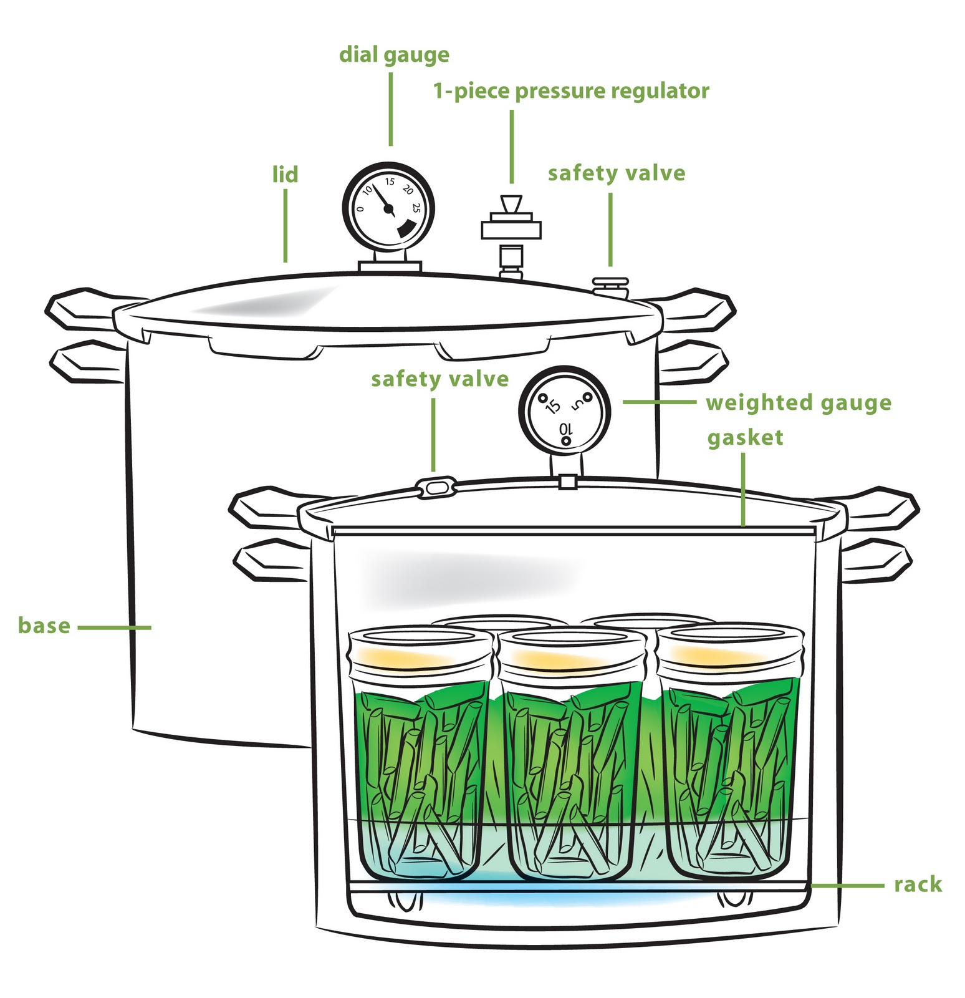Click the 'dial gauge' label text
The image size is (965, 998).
pyautogui.click(x=394, y=55)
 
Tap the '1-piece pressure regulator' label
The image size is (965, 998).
pyautogui.click(x=571, y=92)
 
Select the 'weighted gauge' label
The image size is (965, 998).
pyautogui.click(x=798, y=403)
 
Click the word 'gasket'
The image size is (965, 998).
pyautogui.click(x=745, y=437)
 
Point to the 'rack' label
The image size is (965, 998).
pyautogui.click(x=917, y=884)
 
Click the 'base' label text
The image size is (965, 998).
pyautogui.click(x=44, y=626)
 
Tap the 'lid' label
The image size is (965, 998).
pyautogui.click(x=286, y=175)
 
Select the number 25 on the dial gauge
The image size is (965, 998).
pyautogui.click(x=416, y=208)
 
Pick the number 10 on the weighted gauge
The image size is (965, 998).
pyautogui.click(x=565, y=429)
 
